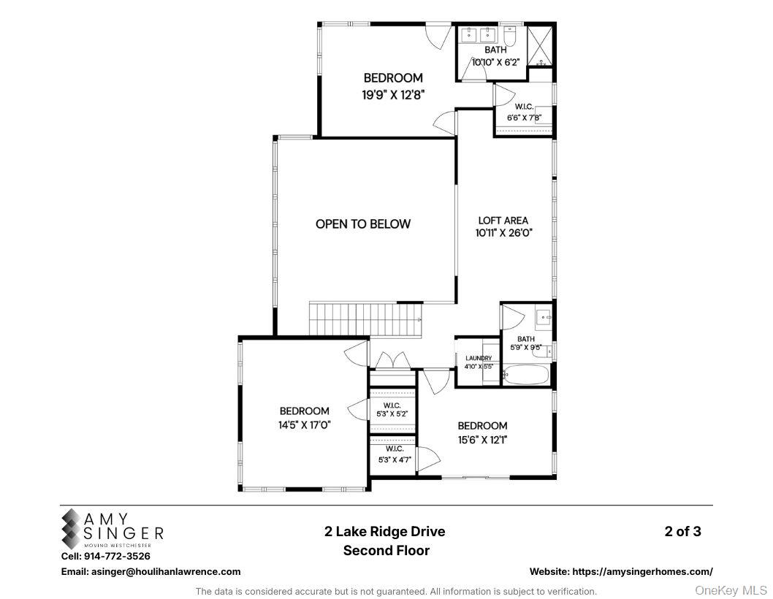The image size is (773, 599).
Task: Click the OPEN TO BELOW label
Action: coord(363,224)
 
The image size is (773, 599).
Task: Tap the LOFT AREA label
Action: coord(503,220)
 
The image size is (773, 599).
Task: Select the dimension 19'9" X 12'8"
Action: coord(393,94)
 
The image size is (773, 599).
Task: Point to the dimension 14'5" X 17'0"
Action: coord(304,424)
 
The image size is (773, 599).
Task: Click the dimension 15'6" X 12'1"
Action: coord(482,440)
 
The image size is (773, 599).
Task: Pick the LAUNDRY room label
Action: coord(479,359)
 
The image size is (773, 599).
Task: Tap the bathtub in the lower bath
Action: coord(525,376)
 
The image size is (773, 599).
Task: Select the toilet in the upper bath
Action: coord(511,35)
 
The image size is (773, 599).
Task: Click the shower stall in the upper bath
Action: coord(541,45)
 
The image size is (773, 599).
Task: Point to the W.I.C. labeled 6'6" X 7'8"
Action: coord(525,112)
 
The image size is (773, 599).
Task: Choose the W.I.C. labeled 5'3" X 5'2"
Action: coord(392,409)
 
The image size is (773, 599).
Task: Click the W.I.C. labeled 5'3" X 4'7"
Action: coord(392,454)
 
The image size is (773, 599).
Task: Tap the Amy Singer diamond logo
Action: coord(72,529)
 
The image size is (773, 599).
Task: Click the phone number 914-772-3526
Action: coord(121,557)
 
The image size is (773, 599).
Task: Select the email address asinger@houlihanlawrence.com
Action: coord(151,572)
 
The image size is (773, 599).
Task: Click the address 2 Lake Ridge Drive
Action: coord(385,532)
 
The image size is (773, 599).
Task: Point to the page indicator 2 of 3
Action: coord(682,532)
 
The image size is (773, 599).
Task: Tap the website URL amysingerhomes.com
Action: coord(621,572)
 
